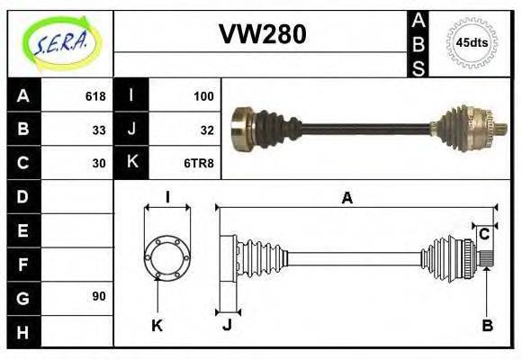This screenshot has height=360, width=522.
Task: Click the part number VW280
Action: pyautogui.click(x=262, y=33)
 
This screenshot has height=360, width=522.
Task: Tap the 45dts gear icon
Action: pyautogui.click(x=472, y=42)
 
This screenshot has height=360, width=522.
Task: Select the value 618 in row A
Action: pyautogui.click(x=95, y=95)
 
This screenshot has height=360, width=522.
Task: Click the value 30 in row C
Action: pyautogui.click(x=99, y=164)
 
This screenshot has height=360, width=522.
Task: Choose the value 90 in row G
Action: pyautogui.click(x=99, y=296)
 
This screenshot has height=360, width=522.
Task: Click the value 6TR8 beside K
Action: pyautogui.click(x=199, y=164)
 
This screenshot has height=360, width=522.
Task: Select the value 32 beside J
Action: pyautogui.click(x=206, y=130)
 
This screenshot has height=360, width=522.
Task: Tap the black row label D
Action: pyautogui.click(x=23, y=196)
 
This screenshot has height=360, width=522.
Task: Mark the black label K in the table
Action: pyautogui.click(x=131, y=163)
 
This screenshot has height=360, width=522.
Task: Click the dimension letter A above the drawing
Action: pyautogui.click(x=346, y=199)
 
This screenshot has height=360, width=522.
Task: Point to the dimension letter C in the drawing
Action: pyautogui.click(x=483, y=235)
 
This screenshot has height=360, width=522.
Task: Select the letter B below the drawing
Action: pyautogui.click(x=487, y=326)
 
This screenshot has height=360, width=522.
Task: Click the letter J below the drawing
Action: pyautogui.click(x=227, y=326)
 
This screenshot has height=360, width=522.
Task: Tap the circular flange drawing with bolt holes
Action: pyautogui.click(x=166, y=256)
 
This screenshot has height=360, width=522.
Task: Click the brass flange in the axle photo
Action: pyautogui.click(x=241, y=129)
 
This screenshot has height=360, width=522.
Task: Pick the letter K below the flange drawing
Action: pyautogui.click(x=157, y=326)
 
